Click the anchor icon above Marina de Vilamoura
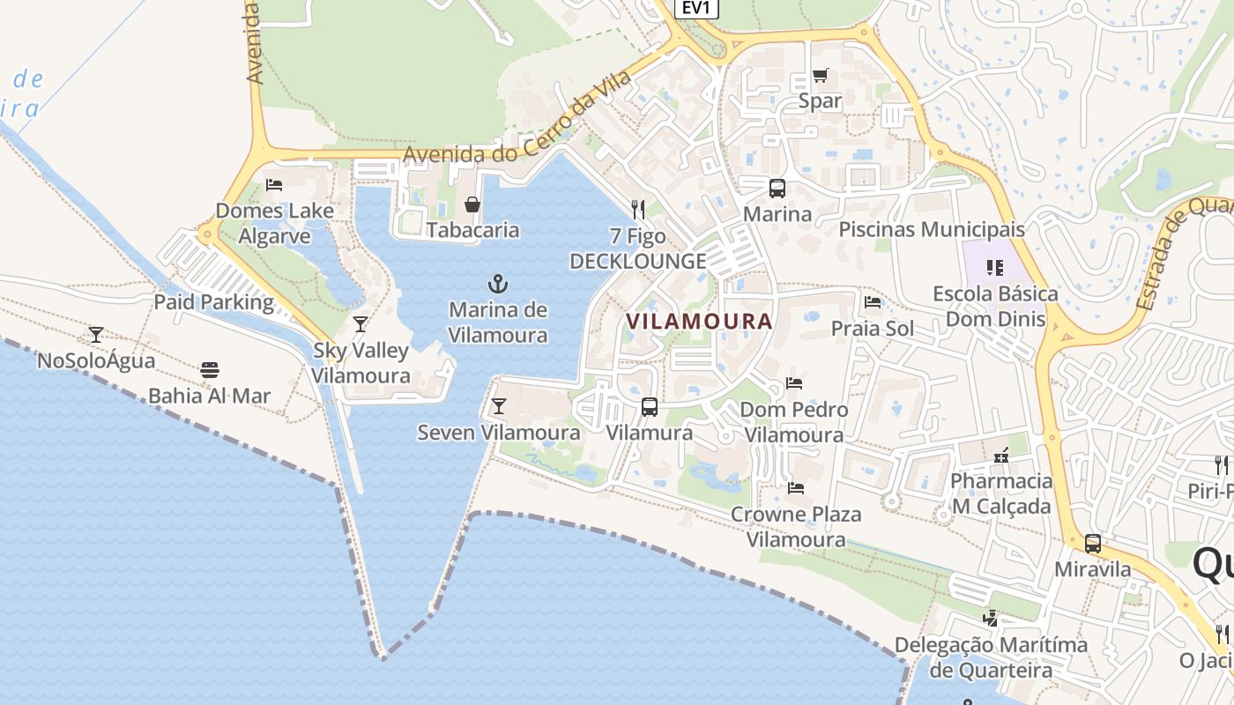coord(498,284)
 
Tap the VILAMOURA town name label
coord(699,321)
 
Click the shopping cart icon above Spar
coord(821,75)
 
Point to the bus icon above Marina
coord(777,188)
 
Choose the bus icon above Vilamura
coord(650,406)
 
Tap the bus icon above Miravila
coord(1093,544)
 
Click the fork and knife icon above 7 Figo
coord(638,209)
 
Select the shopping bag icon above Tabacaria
coord(472,204)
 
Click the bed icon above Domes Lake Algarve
coord(274,185)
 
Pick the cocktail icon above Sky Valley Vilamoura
coord(361,324)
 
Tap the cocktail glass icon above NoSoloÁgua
coord(96,335)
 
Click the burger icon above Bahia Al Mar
coord(209,369)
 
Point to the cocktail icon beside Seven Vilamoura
coord(499,406)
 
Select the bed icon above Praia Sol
coord(873,302)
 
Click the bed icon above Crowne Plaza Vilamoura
coord(796,487)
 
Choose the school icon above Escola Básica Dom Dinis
coord(995,267)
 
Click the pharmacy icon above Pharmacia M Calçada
coord(1000,456)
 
